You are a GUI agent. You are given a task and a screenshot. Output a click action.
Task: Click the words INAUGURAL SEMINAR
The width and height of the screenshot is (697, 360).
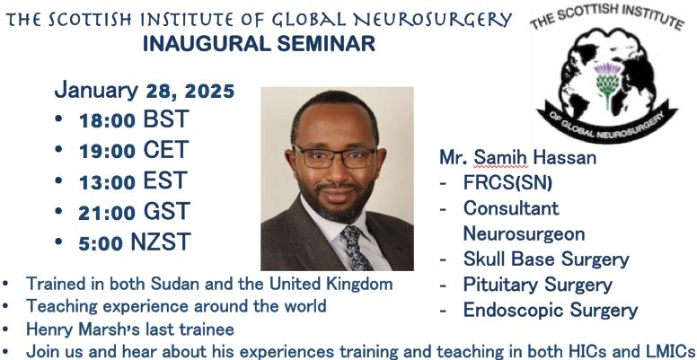(259, 44)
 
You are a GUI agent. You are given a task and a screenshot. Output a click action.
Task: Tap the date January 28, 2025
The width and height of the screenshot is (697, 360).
(145, 90)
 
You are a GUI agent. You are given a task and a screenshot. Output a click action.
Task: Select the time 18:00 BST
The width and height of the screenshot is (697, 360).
(134, 119)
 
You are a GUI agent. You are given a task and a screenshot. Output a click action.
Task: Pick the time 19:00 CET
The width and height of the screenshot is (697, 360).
(134, 150)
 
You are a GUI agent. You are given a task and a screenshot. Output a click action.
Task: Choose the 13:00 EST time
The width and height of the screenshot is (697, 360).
(133, 180)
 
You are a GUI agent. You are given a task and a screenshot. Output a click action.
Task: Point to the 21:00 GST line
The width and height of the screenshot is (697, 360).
(135, 212)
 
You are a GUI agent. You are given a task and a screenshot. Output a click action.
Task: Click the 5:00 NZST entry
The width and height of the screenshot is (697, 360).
(135, 242)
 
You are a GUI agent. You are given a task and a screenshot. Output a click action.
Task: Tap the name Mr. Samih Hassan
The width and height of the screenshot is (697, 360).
(518, 158)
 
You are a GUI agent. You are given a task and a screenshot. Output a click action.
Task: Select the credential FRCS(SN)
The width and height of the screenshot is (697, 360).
(507, 183)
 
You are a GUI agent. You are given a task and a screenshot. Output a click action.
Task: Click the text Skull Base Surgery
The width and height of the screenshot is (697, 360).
(546, 259)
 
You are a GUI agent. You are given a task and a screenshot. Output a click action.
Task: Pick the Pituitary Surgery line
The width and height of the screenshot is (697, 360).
(538, 285)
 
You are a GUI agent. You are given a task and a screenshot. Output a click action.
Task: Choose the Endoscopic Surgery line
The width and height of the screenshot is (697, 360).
(551, 311)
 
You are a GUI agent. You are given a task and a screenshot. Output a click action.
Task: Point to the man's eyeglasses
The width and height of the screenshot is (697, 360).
(335, 157)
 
